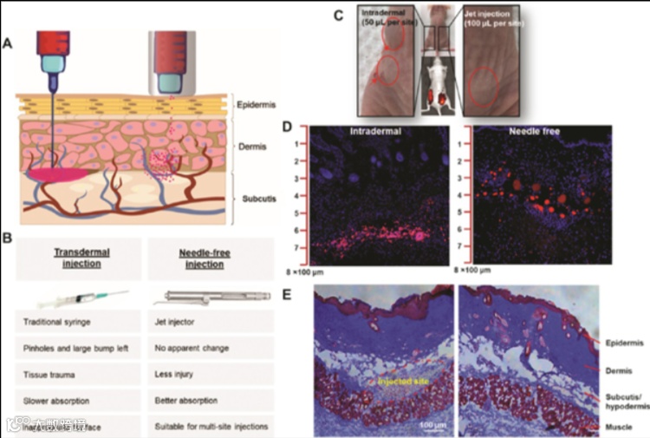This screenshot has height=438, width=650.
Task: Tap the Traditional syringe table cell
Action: click(x=63, y=321)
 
